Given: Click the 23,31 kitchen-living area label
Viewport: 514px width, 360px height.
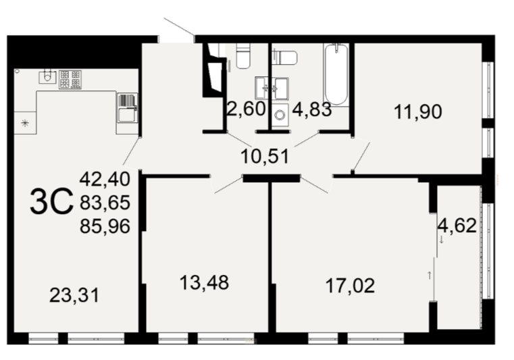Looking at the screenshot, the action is (x=74, y=295).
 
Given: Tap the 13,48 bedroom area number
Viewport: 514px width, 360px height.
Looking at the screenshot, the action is (x=204, y=282).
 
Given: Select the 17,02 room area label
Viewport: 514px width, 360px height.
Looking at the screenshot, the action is (x=350, y=285).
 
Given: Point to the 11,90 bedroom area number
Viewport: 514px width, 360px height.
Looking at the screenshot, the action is (x=418, y=111).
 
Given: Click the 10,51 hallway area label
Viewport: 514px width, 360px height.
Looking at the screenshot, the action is (x=265, y=156).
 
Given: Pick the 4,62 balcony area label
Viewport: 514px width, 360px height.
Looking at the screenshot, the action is (x=457, y=226).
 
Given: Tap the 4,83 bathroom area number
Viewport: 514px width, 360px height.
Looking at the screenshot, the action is (x=312, y=109).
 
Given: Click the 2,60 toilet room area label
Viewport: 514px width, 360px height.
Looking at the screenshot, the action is (x=246, y=109).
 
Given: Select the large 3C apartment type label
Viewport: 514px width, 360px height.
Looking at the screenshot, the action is (x=51, y=202).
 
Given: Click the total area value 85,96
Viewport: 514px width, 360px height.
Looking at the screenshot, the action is (x=105, y=226).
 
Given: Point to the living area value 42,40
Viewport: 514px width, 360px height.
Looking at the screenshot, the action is (x=105, y=179).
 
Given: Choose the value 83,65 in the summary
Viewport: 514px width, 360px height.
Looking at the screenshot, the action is (x=105, y=203).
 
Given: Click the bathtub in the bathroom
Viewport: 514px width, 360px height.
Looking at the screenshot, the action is (x=336, y=74).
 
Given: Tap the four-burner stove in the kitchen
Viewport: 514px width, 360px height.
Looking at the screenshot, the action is (x=70, y=79).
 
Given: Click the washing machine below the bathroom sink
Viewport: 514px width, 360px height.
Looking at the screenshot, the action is (x=280, y=115).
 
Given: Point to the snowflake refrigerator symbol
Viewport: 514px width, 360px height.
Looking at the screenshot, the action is (x=25, y=124).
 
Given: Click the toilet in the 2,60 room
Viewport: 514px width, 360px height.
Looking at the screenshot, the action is (x=243, y=56).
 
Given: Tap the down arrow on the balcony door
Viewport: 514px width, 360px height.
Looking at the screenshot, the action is (x=441, y=239).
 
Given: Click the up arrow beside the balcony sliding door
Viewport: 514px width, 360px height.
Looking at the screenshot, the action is (x=430, y=276).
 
